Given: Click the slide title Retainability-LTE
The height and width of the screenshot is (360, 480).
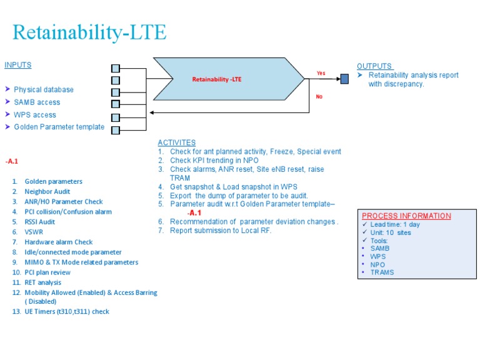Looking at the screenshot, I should click(x=90, y=32).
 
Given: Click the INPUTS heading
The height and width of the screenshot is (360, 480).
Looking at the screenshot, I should click(x=17, y=65).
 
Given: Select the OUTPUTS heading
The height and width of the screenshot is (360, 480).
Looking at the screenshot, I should click(x=374, y=66).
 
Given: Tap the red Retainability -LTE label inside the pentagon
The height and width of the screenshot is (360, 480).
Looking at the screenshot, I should click(x=216, y=79).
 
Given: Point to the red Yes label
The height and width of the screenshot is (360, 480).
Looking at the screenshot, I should click(x=321, y=73).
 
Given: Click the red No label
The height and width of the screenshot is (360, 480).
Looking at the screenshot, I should click(x=319, y=97).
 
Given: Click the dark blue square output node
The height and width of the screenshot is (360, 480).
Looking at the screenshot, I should click(x=344, y=79).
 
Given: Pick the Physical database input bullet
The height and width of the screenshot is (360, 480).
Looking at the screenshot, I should click(x=43, y=90).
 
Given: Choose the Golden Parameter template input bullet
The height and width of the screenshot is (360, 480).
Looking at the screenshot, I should click(x=59, y=127).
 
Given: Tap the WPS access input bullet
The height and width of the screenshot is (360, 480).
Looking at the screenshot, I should click(x=34, y=115).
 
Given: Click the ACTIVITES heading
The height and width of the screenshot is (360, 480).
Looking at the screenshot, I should click(x=176, y=143).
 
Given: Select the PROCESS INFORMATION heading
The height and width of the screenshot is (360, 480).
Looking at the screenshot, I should click(x=406, y=216).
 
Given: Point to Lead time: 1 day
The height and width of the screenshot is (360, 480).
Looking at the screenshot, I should click(x=395, y=224).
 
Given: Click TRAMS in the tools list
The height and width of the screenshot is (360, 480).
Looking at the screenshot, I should click(x=382, y=272).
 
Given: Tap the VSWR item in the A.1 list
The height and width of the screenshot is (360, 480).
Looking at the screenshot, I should click(x=34, y=232).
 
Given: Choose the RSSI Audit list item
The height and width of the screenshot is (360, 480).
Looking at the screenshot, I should click(x=39, y=222).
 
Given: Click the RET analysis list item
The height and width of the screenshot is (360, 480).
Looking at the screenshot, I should click(x=42, y=282).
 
